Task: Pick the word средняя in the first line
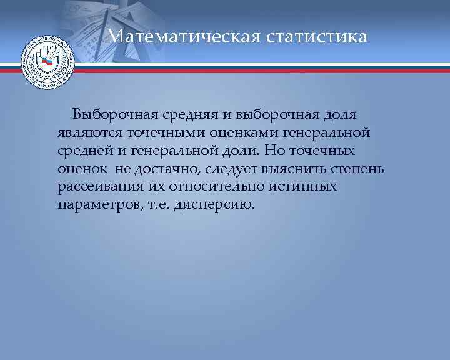pyautogui.click(x=184, y=114)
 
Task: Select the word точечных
pyautogui.click(x=324, y=151)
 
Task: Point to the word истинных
pyautogui.click(x=307, y=187)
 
